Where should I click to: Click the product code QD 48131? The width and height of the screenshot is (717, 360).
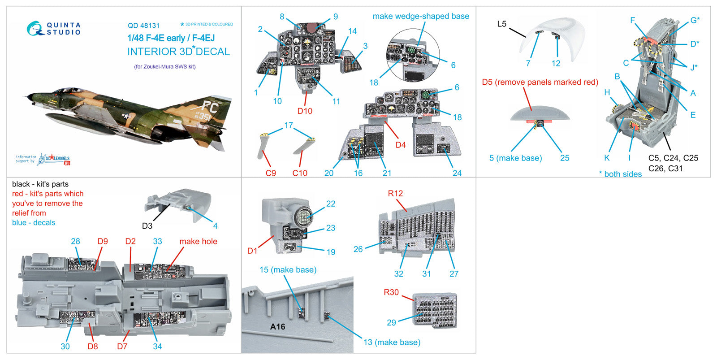click(x=143, y=26)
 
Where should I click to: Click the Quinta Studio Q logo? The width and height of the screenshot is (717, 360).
click(x=35, y=29)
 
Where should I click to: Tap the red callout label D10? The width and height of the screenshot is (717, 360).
click(x=305, y=111)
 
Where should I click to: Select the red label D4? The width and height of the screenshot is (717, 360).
click(x=400, y=145)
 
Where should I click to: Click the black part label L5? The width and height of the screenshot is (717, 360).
click(x=501, y=24)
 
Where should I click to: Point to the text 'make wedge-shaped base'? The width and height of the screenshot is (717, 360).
click(x=421, y=16)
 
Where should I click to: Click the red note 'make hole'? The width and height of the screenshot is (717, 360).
click(x=198, y=241)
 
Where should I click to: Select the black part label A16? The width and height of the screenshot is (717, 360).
click(x=277, y=327)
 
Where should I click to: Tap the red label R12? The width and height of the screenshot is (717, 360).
click(x=395, y=193)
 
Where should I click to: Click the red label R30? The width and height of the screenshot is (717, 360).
click(x=391, y=292)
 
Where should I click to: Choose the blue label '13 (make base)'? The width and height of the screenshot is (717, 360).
click(x=392, y=342)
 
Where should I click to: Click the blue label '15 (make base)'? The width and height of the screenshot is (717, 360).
click(x=288, y=269)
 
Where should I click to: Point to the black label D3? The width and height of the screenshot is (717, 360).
click(x=147, y=226)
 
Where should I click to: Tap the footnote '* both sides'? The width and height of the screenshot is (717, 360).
click(x=620, y=174)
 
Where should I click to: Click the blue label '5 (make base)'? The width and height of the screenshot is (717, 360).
click(x=515, y=158)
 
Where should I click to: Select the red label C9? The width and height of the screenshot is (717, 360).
click(x=271, y=173)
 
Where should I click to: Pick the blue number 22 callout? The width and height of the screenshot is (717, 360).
click(x=331, y=204)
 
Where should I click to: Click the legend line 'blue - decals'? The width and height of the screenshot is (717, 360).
click(x=34, y=222)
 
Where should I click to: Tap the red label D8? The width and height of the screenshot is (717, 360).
click(x=92, y=346)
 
